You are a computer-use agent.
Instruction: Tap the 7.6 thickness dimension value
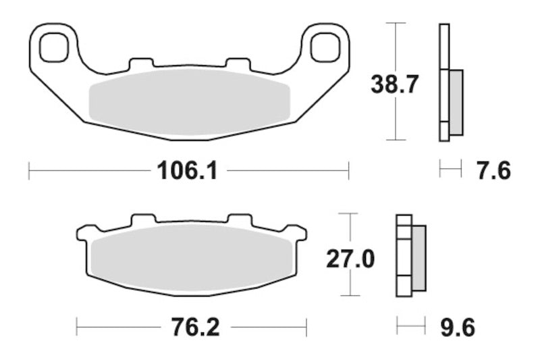pos(493,170)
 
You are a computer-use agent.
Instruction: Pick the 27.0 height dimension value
pos(350,259)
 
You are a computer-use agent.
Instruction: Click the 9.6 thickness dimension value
pos(457,328)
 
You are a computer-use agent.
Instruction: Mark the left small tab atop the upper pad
pos(140,64)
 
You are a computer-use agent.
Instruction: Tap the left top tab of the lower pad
pos(143,220)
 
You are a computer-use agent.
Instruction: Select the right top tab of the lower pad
pos(239,220)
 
